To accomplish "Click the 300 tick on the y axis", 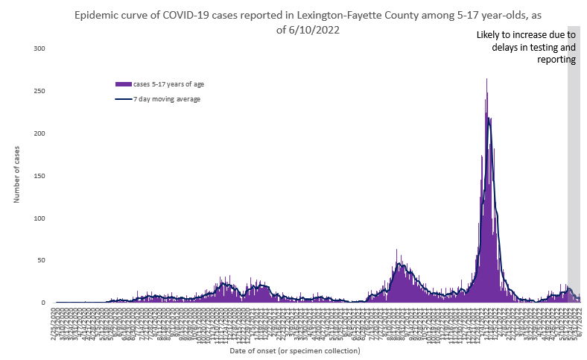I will [x=39, y=48].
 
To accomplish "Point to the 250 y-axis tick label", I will [x=39, y=91].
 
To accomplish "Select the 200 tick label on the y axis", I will [x=39, y=133].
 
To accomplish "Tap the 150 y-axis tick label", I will [x=39, y=176].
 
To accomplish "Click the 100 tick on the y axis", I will [x=39, y=218].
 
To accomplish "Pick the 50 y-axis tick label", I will [x=42, y=261].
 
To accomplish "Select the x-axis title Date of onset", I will [x=294, y=350].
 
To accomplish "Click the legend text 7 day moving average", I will [x=167, y=99].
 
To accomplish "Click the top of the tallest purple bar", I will [x=487, y=79].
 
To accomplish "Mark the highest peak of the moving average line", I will [x=489, y=118].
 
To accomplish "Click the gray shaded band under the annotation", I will [x=574, y=186].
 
